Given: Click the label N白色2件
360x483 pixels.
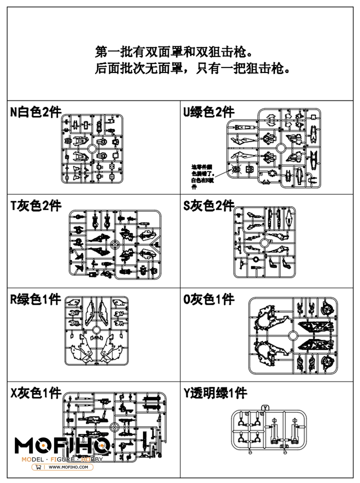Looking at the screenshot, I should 36,112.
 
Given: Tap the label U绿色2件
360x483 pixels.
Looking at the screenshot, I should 208,112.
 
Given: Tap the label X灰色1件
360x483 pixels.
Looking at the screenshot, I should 36,393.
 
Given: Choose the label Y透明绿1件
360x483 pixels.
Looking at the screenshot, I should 215,393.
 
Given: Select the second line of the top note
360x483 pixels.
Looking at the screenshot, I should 192,70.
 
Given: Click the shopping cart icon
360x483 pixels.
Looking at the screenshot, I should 38,467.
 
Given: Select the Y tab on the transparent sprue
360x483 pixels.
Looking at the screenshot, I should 265,408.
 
